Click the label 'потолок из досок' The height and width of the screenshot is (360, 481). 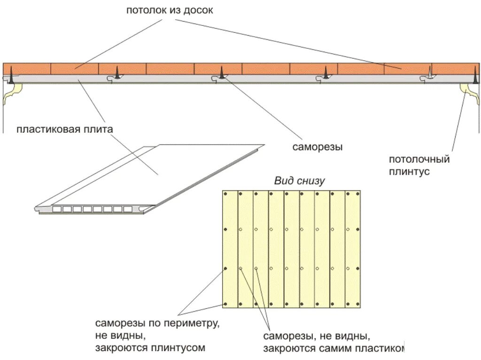[x=170, y=10]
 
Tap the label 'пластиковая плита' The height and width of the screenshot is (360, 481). [x=65, y=129]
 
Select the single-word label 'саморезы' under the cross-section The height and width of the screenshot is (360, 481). [x=318, y=147]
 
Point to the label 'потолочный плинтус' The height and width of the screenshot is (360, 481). [x=419, y=165]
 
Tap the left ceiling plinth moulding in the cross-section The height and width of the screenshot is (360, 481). [x=11, y=93]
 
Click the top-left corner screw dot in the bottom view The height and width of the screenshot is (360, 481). [x=226, y=193]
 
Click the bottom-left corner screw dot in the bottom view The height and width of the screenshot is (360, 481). [x=226, y=304]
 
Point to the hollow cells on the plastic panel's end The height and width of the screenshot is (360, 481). [x=89, y=209]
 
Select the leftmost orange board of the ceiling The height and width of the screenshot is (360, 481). [x=27, y=69]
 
